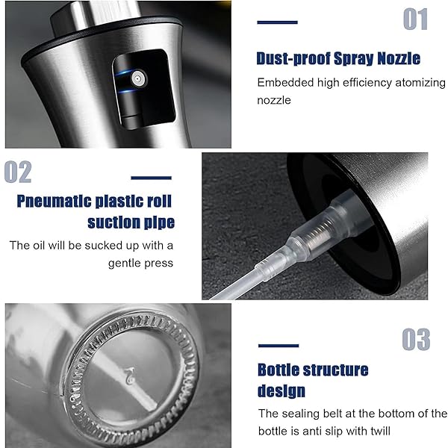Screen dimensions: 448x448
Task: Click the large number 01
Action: [415, 19]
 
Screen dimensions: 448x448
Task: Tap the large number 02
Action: [18, 172]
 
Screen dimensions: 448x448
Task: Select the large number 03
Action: [416, 340]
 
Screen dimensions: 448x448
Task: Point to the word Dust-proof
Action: [293, 58]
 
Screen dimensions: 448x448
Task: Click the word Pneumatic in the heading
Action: [55, 202]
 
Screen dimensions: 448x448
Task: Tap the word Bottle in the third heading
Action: [278, 370]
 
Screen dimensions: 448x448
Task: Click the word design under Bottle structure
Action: [281, 391]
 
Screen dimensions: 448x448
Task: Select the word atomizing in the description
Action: [420, 83]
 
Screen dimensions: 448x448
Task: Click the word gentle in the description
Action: [124, 263]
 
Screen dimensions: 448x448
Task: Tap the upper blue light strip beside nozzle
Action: [123, 72]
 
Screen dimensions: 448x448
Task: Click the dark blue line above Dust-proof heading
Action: [277, 22]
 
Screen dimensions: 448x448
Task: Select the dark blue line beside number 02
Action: [151, 178]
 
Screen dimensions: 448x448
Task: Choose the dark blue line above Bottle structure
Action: [279, 346]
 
